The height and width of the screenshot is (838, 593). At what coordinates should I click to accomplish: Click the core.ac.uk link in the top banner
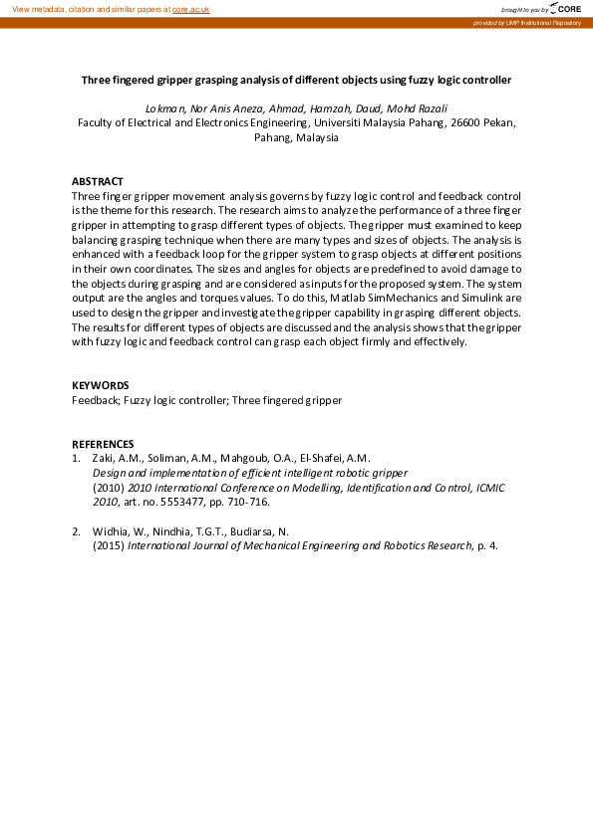point(191,8)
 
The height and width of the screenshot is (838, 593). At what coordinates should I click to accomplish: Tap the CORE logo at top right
point(563,8)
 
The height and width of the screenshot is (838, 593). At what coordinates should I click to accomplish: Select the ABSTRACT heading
point(99,182)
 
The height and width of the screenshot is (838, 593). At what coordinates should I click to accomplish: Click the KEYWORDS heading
point(100,385)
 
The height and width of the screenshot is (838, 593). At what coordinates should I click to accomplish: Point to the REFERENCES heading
point(103,444)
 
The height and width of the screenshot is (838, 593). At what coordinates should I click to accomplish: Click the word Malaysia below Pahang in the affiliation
point(317,138)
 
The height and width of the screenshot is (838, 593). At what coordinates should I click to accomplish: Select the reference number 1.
point(76,458)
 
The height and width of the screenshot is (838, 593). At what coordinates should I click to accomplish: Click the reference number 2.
point(76,531)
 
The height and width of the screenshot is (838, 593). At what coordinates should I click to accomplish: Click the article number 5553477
point(183,503)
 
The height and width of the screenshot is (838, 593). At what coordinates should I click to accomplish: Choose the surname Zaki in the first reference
point(105,458)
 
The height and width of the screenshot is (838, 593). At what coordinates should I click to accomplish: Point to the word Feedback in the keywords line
point(95,400)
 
